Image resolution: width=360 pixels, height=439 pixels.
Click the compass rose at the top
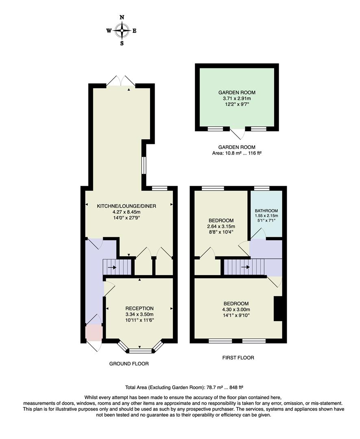click(x=122, y=30)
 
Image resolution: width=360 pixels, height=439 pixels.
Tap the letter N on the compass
click(x=122, y=17)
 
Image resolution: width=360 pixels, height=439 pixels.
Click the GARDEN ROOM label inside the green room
click(x=237, y=93)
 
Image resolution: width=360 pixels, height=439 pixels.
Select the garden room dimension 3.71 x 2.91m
click(x=237, y=99)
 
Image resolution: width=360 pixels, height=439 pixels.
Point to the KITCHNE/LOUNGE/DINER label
click(x=127, y=206)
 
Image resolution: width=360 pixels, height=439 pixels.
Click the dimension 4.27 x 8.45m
click(x=127, y=212)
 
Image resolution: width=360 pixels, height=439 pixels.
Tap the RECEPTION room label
click(x=139, y=308)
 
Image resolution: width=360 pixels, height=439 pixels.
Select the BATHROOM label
click(x=266, y=211)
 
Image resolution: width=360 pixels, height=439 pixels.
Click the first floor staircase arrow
click(x=245, y=267)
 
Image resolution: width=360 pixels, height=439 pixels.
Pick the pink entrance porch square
click(x=94, y=332)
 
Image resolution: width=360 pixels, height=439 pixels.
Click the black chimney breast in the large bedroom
click(x=278, y=309)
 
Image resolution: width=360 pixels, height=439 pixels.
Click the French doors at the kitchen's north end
click(x=121, y=80)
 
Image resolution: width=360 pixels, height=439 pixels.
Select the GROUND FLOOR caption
click(x=129, y=364)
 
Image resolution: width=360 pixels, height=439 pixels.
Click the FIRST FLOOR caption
click(x=238, y=358)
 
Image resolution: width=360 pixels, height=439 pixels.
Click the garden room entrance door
click(x=237, y=133)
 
